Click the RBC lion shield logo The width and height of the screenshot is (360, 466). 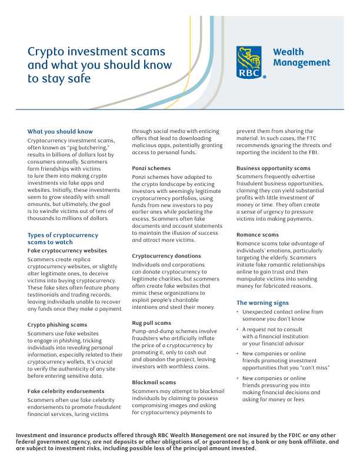(251, 62)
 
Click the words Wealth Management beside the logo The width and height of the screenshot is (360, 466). (301, 58)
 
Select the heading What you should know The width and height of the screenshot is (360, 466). (60, 131)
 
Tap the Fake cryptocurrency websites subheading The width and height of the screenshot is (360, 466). (67, 250)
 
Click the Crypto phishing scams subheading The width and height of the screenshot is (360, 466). (57, 325)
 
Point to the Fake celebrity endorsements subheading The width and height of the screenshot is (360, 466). (66, 391)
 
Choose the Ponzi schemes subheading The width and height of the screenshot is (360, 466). (151, 168)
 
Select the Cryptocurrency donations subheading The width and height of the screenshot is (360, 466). (166, 256)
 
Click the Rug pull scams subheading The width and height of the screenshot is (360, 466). (152, 322)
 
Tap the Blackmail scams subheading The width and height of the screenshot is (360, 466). (153, 382)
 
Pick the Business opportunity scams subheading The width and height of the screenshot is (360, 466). (274, 168)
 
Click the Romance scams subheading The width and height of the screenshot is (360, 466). (258, 235)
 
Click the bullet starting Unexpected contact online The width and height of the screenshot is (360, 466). (282, 315)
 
